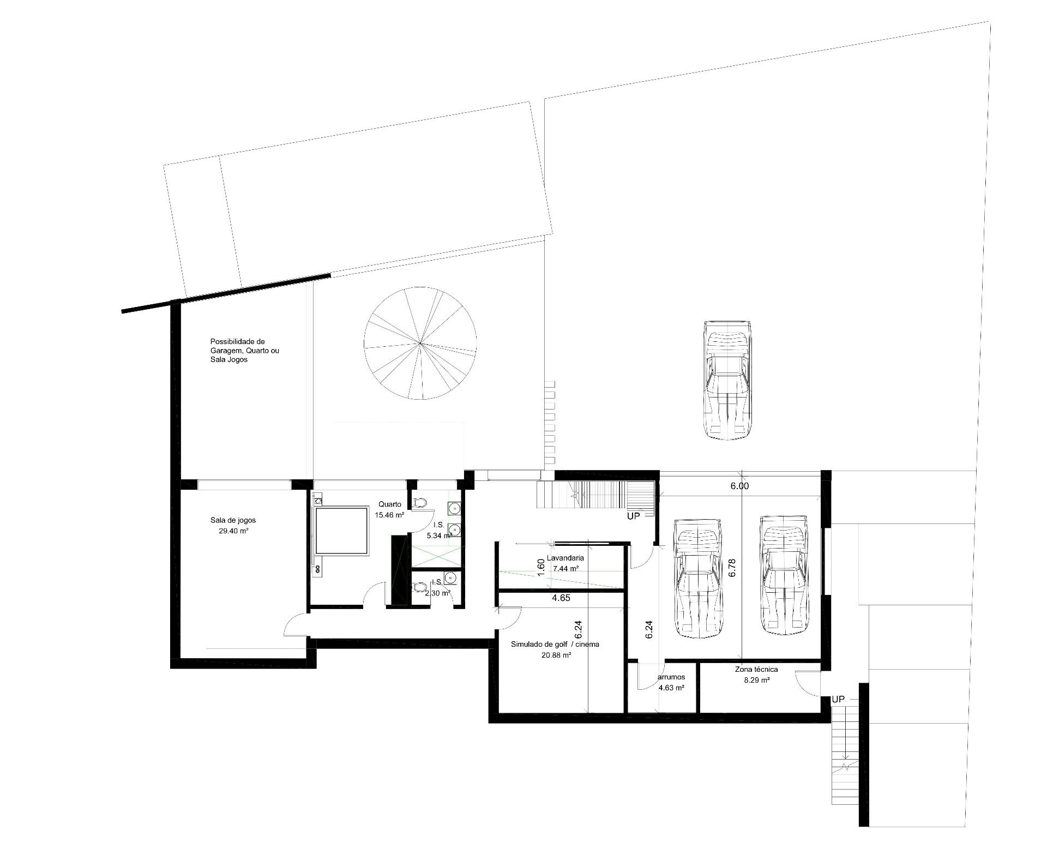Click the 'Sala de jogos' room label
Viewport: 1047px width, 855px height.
coord(233,520)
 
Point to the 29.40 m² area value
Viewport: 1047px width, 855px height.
coord(233,530)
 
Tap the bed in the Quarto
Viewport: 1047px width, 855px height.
coord(340,531)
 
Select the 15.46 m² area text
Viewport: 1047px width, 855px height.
coord(389,515)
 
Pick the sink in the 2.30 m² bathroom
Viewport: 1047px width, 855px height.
coord(450,577)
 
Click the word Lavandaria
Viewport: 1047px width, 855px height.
coord(565,558)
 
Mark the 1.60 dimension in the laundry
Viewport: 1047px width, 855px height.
coord(541,566)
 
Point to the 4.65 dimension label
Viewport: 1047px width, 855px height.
coord(561,598)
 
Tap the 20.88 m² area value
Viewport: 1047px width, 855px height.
coord(556,655)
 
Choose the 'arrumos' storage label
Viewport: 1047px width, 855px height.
coord(671,677)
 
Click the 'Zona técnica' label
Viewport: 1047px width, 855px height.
coord(756,670)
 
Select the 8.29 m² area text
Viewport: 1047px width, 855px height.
coord(757,680)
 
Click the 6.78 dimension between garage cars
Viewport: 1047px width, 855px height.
coord(733,568)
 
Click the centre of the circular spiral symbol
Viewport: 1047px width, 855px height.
coord(420,343)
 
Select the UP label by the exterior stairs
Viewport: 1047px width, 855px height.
coord(839,699)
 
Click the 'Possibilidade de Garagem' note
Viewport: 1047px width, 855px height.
coord(245,351)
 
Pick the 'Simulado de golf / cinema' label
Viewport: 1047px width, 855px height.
coord(555,645)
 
